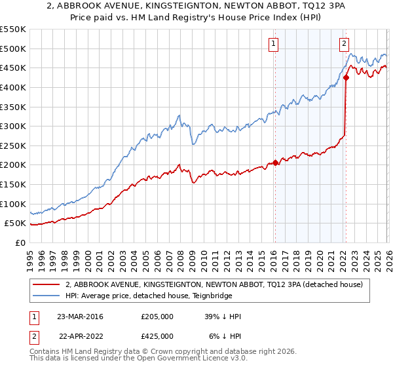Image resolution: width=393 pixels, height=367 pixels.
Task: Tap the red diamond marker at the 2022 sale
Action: click(x=346, y=77)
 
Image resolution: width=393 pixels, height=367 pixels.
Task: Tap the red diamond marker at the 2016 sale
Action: click(x=275, y=163)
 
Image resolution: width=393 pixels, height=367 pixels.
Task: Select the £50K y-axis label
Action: click(x=16, y=223)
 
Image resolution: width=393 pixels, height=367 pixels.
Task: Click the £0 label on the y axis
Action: click(x=21, y=243)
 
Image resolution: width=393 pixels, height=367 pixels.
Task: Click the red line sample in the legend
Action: click(x=46, y=284)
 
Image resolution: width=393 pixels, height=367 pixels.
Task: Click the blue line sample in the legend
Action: click(x=46, y=296)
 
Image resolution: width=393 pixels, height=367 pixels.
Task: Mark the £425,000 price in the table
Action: click(x=157, y=336)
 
